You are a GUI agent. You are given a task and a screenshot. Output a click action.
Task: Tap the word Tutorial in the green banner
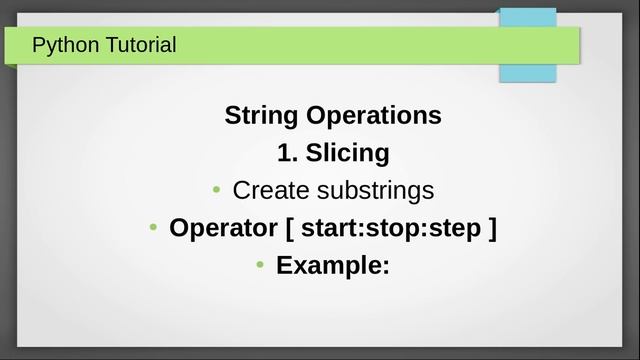click(x=140, y=45)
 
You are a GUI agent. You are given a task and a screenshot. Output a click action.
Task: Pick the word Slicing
click(x=347, y=153)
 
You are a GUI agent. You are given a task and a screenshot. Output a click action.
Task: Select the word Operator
click(x=223, y=228)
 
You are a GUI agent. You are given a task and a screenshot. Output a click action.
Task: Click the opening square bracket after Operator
click(x=289, y=228)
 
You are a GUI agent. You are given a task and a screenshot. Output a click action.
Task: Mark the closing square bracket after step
click(x=491, y=228)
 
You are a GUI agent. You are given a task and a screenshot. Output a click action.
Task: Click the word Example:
click(x=332, y=265)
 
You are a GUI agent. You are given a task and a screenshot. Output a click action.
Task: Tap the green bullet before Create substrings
click(x=217, y=190)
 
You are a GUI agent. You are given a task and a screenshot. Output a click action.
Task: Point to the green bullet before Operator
click(x=153, y=228)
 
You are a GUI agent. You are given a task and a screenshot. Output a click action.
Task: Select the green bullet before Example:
click(x=259, y=265)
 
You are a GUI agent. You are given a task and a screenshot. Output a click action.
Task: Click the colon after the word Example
click(x=384, y=267)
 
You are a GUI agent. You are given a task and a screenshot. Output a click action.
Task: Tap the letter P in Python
click(x=39, y=45)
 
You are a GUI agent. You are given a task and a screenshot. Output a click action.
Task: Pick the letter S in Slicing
click(x=313, y=153)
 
